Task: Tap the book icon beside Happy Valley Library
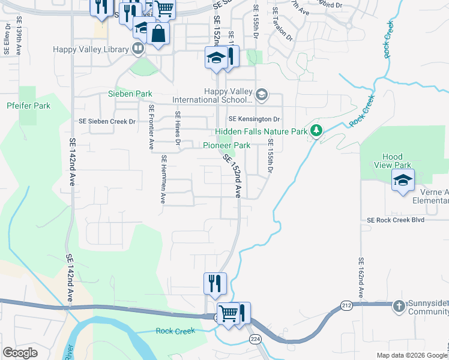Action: pos(138,49)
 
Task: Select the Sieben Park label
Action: pos(130,94)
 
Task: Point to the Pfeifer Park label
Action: pos(28,106)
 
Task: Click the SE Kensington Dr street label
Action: pos(255,119)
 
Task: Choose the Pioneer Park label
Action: pos(226,145)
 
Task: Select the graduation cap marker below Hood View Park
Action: pos(403,180)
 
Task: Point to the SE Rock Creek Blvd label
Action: pos(396,220)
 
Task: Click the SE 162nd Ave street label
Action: pos(361,278)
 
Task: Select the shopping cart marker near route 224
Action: pos(228,313)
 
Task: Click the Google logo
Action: pos(20,353)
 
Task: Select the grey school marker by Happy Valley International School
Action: pos(261,95)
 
